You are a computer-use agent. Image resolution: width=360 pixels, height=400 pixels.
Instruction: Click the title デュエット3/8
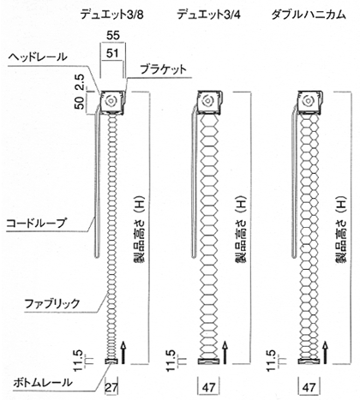pyautogui.click(x=111, y=15)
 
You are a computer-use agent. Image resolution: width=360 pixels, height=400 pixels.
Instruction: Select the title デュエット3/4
pyautogui.click(x=208, y=15)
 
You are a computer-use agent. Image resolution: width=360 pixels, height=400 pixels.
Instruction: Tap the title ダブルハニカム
pyautogui.click(x=309, y=15)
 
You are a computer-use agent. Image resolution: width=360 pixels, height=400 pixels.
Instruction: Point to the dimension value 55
pyautogui.click(x=112, y=35)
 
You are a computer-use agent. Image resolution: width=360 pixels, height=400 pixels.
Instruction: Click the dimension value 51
pyautogui.click(x=111, y=53)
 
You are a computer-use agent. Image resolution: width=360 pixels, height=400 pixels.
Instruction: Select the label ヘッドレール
pyautogui.click(x=38, y=57)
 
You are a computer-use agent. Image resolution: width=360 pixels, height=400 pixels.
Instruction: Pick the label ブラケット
pyautogui.click(x=163, y=69)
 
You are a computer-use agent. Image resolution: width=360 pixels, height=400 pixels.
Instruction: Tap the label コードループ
pyautogui.click(x=36, y=223)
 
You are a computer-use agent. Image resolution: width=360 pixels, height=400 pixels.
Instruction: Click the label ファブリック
pyautogui.click(x=52, y=304)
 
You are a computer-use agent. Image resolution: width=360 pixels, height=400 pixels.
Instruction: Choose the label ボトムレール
pyautogui.click(x=43, y=383)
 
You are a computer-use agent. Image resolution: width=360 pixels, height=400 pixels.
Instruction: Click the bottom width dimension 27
pyautogui.click(x=111, y=388)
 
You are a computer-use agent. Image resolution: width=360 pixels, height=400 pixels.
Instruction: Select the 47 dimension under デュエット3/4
pyautogui.click(x=208, y=388)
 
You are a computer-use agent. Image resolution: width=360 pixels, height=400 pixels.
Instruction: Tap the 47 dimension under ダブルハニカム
pyautogui.click(x=309, y=388)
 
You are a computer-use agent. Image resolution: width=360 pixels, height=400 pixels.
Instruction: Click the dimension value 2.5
pyautogui.click(x=80, y=82)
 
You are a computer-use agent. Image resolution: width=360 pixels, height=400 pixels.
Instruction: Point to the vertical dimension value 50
pyautogui.click(x=80, y=103)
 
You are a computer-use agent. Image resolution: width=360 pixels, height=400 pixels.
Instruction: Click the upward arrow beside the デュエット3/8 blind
pyautogui.click(x=123, y=352)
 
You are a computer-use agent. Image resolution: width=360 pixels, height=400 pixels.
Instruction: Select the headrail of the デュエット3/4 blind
pyautogui.click(x=208, y=102)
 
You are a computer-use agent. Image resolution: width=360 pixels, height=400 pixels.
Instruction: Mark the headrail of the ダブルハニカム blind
pyautogui.click(x=309, y=102)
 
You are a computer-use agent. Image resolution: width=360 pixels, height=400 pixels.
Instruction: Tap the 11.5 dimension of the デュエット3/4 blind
pyautogui.click(x=171, y=361)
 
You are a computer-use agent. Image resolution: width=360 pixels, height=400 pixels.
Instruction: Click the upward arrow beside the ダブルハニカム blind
pyautogui.click(x=325, y=352)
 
